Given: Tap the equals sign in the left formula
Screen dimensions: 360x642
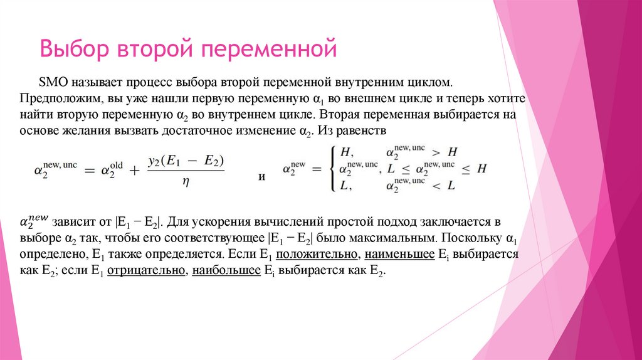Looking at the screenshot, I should (x=88, y=170).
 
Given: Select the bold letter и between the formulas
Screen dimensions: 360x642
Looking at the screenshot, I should (x=262, y=177).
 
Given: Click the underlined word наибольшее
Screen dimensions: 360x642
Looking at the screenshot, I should (x=226, y=272).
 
